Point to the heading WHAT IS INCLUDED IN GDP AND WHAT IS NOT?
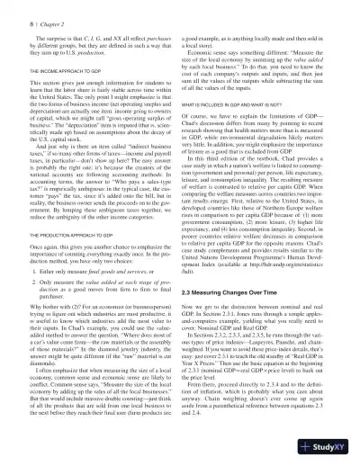tap(243, 107)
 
